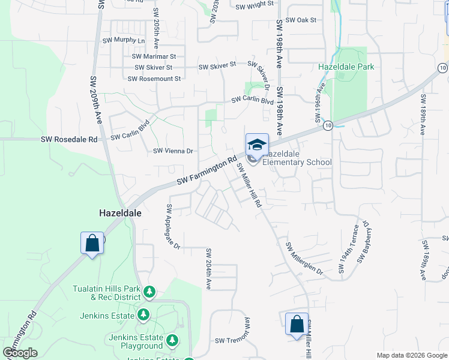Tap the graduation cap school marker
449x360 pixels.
pos(257,145)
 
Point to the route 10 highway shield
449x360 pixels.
pos(327,126)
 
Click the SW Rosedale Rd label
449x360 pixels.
pos(69,139)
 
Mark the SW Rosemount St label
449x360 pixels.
pos(154,79)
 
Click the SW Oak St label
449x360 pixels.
pos(301,20)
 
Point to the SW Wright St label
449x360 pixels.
pos(255,5)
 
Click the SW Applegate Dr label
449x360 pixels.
pos(173,227)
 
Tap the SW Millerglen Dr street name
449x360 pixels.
pos(304,259)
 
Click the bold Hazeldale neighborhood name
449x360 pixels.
pos(116,212)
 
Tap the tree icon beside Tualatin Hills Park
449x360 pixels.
pos(149,292)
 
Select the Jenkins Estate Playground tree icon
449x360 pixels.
pos(173,341)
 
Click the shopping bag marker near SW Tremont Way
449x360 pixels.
pos(297,324)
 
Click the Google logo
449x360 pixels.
pos(20,353)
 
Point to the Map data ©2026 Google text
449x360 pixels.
pos(411,355)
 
